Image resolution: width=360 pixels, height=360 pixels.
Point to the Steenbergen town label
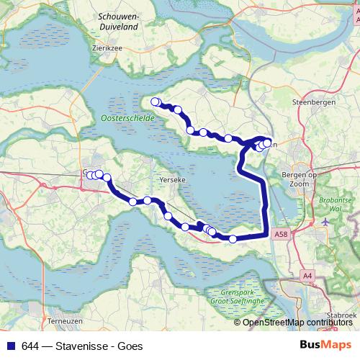point(310,103)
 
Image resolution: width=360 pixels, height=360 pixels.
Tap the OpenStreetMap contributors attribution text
point(296,322)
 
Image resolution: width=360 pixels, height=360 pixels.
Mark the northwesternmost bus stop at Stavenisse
point(154,102)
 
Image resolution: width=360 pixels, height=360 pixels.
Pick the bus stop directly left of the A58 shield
point(233,238)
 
